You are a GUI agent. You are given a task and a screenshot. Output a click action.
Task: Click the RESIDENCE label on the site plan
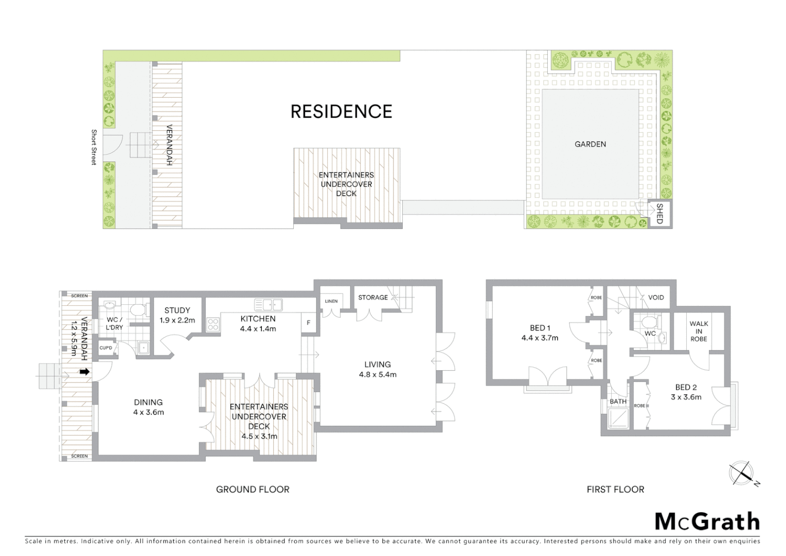click(x=341, y=112)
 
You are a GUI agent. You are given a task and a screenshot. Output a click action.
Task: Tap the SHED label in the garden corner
click(x=659, y=214)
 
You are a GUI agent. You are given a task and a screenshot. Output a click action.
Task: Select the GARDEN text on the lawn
click(x=590, y=144)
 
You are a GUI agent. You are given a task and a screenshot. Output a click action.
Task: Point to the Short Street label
click(x=94, y=147)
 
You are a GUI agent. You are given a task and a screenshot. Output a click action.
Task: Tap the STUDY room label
click(x=177, y=310)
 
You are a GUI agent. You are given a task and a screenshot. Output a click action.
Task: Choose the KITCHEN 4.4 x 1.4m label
click(x=258, y=323)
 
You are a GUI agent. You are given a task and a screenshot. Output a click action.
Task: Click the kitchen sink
click(x=268, y=305)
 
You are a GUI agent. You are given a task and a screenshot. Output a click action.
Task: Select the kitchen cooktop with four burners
click(x=213, y=324)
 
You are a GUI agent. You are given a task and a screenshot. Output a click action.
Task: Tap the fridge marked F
click(x=309, y=323)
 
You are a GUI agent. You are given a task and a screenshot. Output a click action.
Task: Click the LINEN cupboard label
click(x=331, y=301)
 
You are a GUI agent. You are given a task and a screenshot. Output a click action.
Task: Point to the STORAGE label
click(x=373, y=298)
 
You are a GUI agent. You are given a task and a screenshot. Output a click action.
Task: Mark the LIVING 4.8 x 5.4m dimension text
click(x=378, y=374)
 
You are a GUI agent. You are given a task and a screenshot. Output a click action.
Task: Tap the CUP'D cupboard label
click(x=106, y=348)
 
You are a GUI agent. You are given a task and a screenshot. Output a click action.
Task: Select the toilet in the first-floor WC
click(x=650, y=322)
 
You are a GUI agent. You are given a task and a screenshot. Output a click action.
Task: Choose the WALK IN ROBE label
click(x=699, y=331)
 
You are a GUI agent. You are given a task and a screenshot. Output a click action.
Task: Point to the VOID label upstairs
click(x=656, y=298)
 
